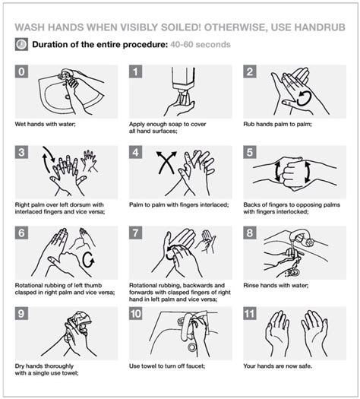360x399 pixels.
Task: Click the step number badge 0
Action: tap(23, 72)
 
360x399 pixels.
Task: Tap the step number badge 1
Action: tap(137, 72)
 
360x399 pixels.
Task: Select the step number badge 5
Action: tap(251, 152)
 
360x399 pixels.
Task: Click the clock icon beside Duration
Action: tap(21, 44)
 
